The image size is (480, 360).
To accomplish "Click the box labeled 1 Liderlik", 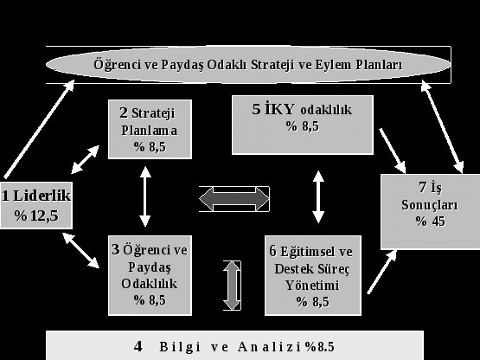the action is pos(36,205).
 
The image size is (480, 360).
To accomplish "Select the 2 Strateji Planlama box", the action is pos(150,129).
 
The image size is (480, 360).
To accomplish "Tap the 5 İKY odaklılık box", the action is pos(303,125).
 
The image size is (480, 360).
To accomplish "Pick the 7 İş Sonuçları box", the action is pos(431,212).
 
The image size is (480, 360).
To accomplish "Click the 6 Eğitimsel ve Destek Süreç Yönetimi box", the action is pos(313,275).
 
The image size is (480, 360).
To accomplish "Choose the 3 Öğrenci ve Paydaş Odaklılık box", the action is pos(150,275).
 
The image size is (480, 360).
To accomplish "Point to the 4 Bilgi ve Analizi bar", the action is pos(234,345).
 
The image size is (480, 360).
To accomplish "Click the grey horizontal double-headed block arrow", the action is pos(234,199).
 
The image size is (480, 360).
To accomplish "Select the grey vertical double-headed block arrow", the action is pos(232,286).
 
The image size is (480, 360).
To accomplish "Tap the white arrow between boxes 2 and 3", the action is pos(145,196).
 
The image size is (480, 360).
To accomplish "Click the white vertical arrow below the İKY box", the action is pos(318,196).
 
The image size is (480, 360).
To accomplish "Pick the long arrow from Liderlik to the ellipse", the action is pos(39,129).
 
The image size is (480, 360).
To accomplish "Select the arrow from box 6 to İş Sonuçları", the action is pos(382,272).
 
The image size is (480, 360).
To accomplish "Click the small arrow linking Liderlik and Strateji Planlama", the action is pos(85,159).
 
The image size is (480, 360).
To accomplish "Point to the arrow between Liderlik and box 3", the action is pos(80,250).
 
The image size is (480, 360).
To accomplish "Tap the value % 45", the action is pos(431,222).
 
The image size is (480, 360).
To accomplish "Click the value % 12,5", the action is pos(36,216).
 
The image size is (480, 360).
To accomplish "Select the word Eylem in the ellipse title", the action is pos(334,65).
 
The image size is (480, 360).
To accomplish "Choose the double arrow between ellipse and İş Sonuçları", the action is pos(442,127).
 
